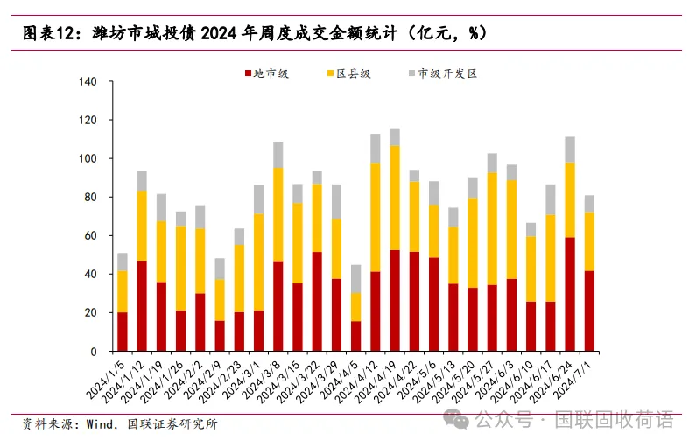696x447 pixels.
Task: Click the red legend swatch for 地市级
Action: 247,74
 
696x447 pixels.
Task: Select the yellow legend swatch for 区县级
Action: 330,74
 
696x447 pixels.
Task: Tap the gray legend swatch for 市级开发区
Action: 412,74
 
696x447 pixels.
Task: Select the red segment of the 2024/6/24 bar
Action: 570,294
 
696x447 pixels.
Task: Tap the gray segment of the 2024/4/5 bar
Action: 355,279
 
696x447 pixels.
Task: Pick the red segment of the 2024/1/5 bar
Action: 122,332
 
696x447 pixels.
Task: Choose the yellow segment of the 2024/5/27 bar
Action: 492,228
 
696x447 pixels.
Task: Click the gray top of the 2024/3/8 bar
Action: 278,154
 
